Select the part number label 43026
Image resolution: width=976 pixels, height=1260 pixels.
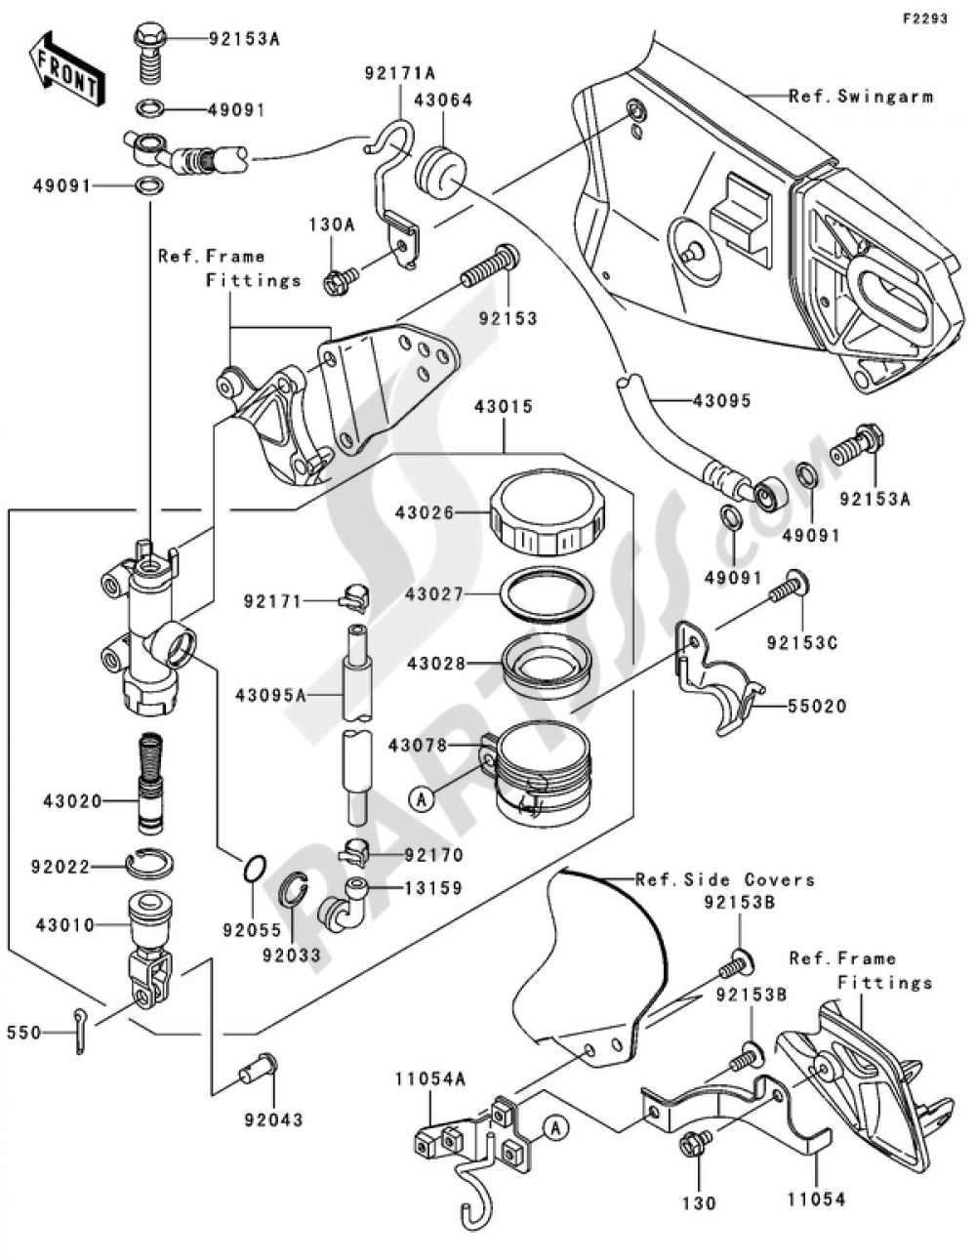(x=425, y=511)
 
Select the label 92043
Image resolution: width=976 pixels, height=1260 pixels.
(x=273, y=1119)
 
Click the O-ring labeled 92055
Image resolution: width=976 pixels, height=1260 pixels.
(x=253, y=867)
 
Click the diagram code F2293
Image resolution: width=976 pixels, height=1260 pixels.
(x=924, y=19)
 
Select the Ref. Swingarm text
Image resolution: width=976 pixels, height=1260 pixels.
(x=861, y=96)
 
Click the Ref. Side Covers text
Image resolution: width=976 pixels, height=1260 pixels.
(x=724, y=879)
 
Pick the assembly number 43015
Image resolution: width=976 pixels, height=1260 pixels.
(x=504, y=406)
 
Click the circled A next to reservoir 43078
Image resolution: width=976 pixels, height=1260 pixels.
(x=421, y=799)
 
